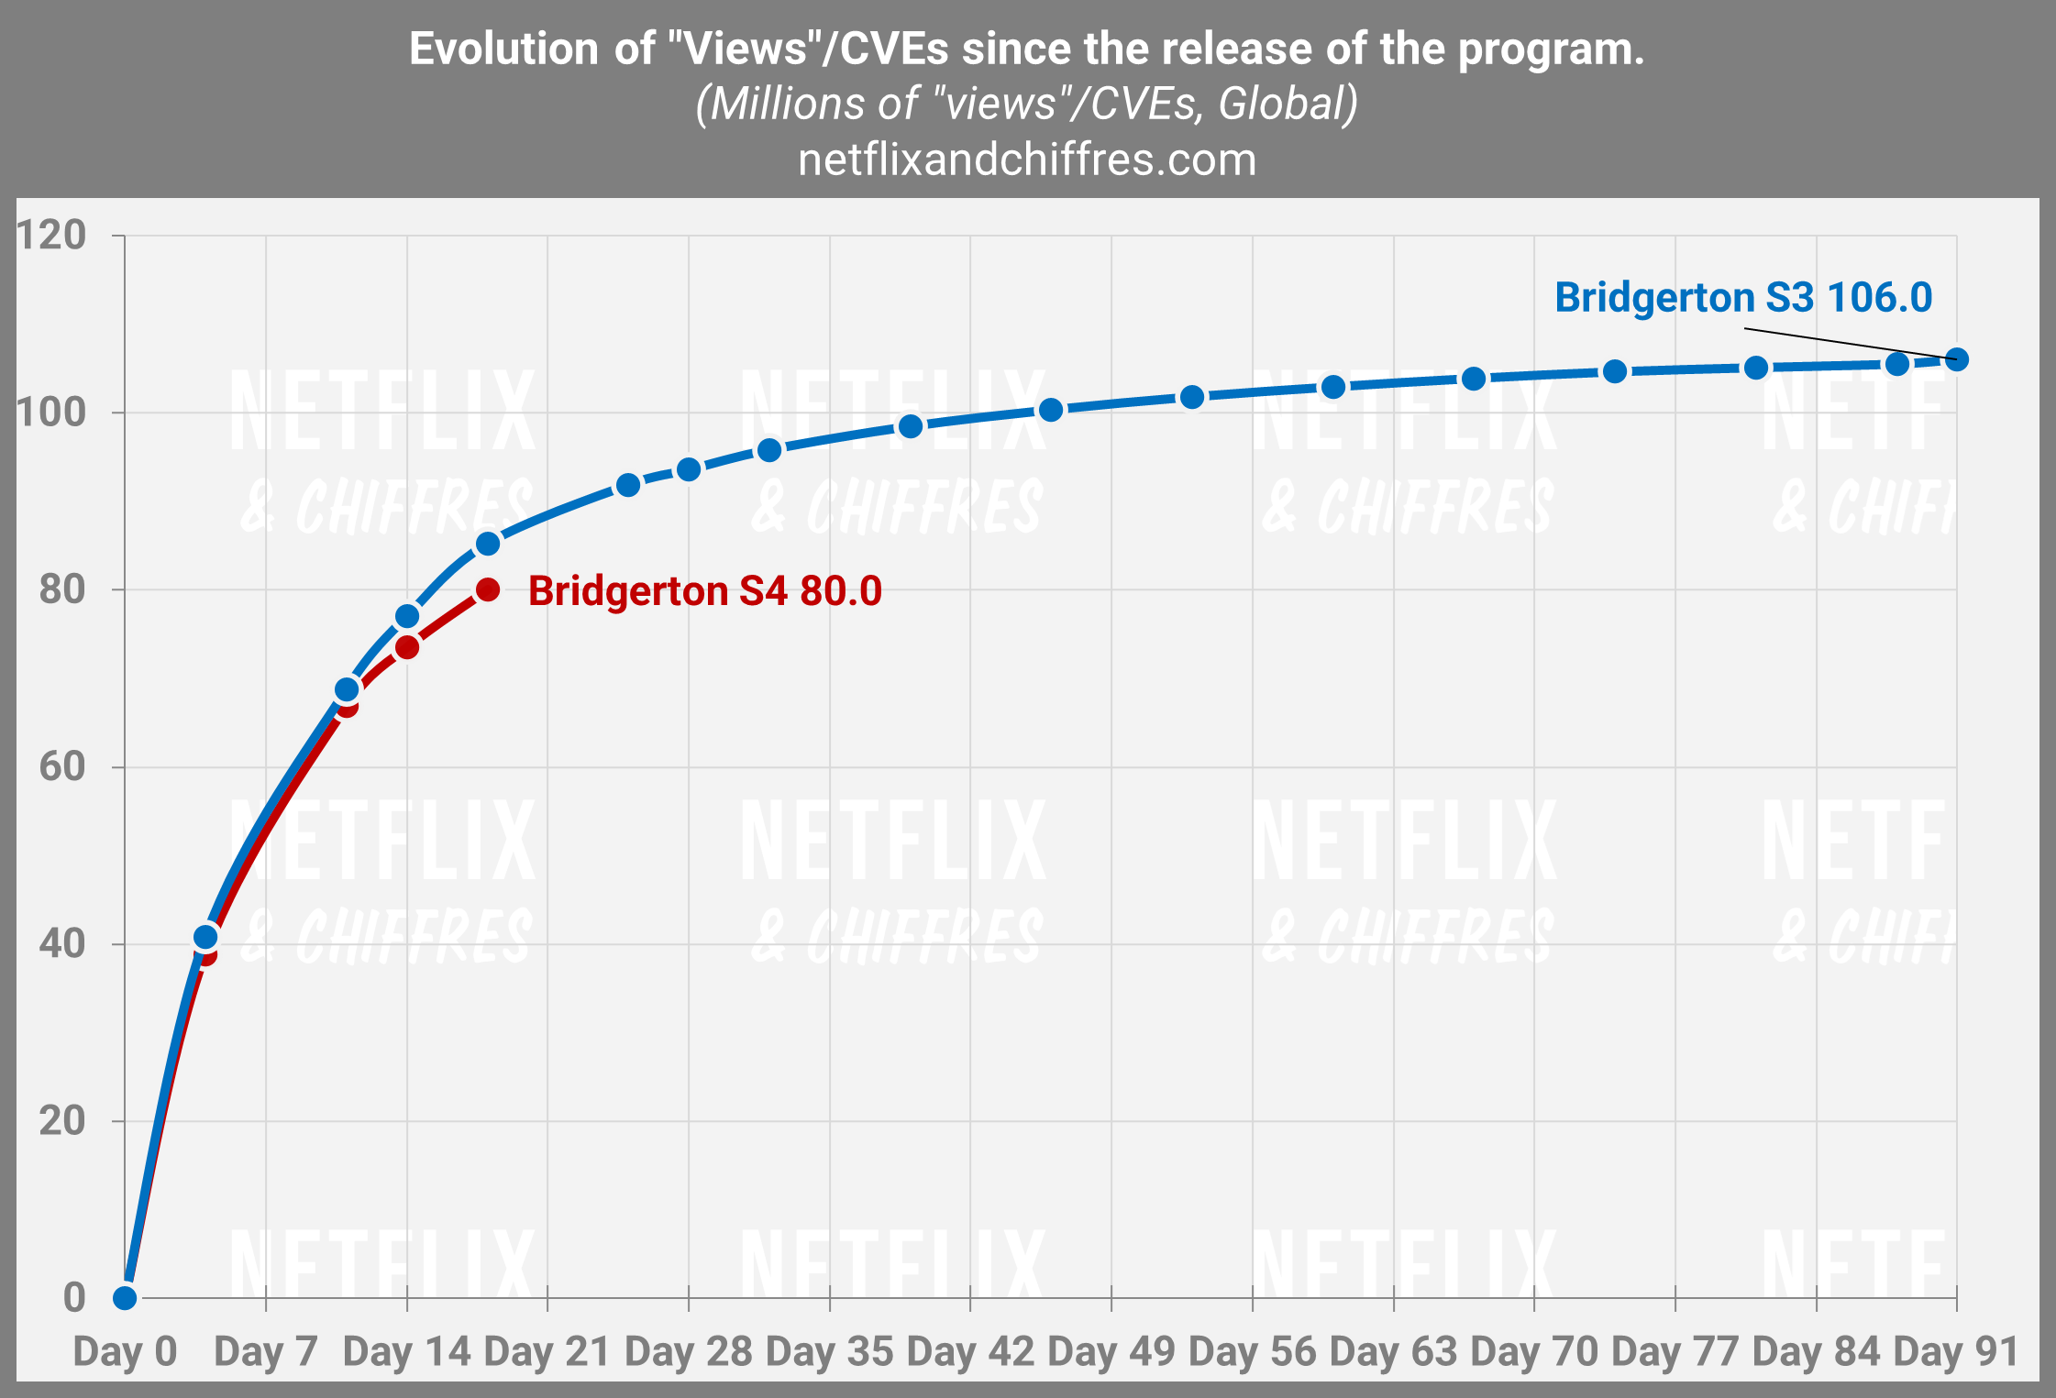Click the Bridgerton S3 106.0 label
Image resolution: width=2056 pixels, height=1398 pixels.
pyautogui.click(x=1742, y=298)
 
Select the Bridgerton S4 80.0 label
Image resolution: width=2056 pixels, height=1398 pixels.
pyautogui.click(x=704, y=591)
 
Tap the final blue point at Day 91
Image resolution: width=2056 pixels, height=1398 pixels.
pyautogui.click(x=1956, y=359)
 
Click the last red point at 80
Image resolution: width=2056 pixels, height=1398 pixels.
pyautogui.click(x=488, y=589)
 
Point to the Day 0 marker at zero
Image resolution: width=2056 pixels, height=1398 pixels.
pyautogui.click(x=125, y=1297)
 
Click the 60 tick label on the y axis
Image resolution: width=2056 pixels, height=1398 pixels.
pyautogui.click(x=62, y=766)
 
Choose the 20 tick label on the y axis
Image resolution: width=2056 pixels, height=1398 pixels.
pyautogui.click(x=62, y=1120)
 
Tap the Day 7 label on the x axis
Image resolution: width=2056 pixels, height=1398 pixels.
pyautogui.click(x=265, y=1352)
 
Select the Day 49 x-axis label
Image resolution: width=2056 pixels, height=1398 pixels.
pyautogui.click(x=1111, y=1352)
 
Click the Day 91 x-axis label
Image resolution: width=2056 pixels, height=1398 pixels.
pyautogui.click(x=1956, y=1352)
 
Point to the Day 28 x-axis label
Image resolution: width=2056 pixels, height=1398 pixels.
pyautogui.click(x=688, y=1352)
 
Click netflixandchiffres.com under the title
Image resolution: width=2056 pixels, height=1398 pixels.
pyautogui.click(x=1027, y=160)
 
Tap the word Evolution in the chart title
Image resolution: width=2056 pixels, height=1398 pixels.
pyautogui.click(x=503, y=49)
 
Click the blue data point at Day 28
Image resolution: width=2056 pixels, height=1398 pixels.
pyautogui.click(x=689, y=469)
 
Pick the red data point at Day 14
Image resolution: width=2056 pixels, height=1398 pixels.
pyautogui.click(x=407, y=647)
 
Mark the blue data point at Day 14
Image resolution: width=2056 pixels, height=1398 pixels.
pyautogui.click(x=407, y=616)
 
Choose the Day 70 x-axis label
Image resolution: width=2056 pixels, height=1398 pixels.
pyautogui.click(x=1533, y=1352)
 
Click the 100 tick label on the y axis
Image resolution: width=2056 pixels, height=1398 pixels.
pyautogui.click(x=51, y=413)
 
